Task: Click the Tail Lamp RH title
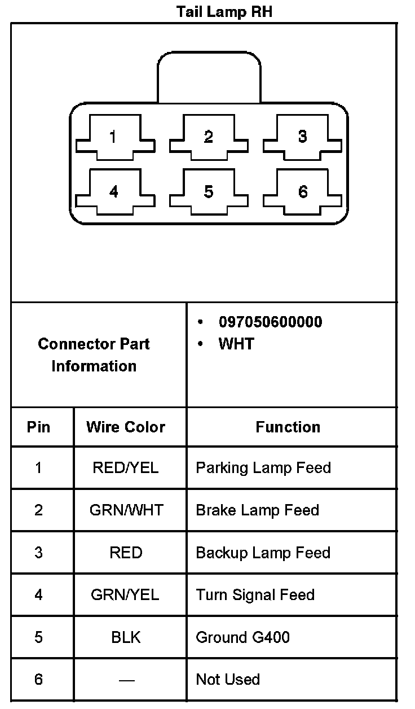pyautogui.click(x=224, y=11)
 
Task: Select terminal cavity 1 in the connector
pyautogui.click(x=115, y=137)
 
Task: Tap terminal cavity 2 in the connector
pyautogui.click(x=209, y=137)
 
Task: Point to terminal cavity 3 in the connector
pyautogui.click(x=303, y=137)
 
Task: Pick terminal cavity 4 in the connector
pyautogui.click(x=115, y=192)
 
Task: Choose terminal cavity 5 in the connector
pyautogui.click(x=209, y=192)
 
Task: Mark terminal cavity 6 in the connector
pyautogui.click(x=303, y=192)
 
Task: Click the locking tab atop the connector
pyautogui.click(x=209, y=76)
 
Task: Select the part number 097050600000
pyautogui.click(x=270, y=322)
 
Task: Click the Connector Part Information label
pyautogui.click(x=94, y=354)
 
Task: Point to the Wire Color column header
pyautogui.click(x=126, y=427)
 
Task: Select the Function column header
pyautogui.click(x=288, y=427)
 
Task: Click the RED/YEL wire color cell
pyautogui.click(x=126, y=468)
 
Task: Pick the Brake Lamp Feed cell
pyautogui.click(x=257, y=510)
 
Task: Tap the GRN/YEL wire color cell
pyautogui.click(x=125, y=595)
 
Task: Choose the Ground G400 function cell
pyautogui.click(x=242, y=637)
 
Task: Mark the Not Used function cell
pyautogui.click(x=228, y=680)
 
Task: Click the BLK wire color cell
pyautogui.click(x=126, y=637)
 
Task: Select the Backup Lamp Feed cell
pyautogui.click(x=263, y=553)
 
